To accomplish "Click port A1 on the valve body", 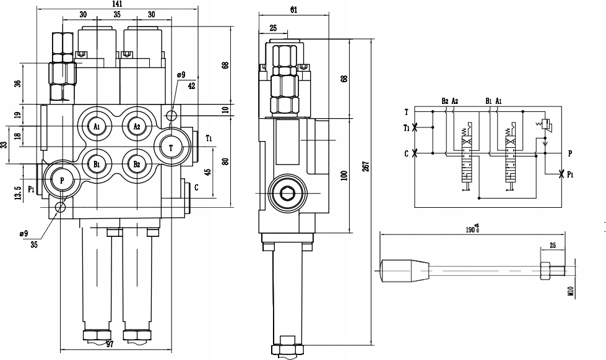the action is click(x=97, y=126).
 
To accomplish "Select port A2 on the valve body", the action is click(x=136, y=126).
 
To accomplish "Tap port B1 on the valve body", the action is click(x=97, y=164).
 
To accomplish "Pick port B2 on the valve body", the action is click(x=136, y=164).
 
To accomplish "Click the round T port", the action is click(x=171, y=147).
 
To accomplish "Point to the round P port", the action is click(x=62, y=179).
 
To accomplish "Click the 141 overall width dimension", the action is click(x=117, y=4).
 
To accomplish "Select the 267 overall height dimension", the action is click(x=367, y=166).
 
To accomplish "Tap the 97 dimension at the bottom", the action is click(x=110, y=345).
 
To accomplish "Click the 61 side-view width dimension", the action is click(x=294, y=10).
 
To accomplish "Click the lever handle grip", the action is click(x=405, y=271).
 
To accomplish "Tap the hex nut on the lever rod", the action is click(x=545, y=271).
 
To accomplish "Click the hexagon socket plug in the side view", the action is click(x=287, y=193).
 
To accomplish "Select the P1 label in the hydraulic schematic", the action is click(x=570, y=174).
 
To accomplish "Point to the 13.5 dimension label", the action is click(x=17, y=193).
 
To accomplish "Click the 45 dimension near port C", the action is click(x=208, y=172).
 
